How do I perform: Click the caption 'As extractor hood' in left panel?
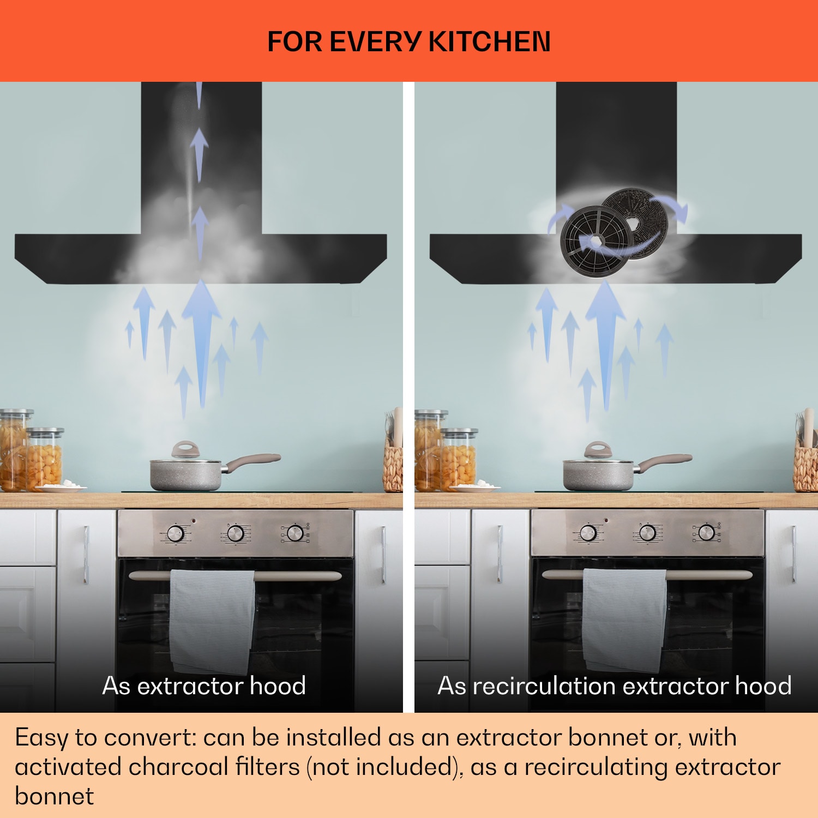[204, 685]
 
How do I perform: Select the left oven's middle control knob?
[235, 533]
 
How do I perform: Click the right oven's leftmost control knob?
[588, 533]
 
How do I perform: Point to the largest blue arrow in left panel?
[202, 344]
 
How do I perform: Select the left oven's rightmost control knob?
[294, 533]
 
